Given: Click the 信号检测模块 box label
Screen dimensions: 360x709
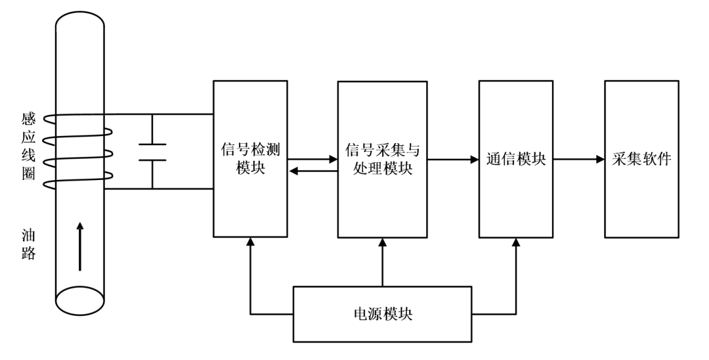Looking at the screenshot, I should [250, 158].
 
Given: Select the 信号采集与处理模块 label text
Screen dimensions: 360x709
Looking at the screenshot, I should [382, 158].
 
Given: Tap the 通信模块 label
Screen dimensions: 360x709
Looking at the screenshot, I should [516, 159].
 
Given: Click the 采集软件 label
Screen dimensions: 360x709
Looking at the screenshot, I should [641, 159].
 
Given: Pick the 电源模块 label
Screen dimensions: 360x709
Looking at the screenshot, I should [382, 313].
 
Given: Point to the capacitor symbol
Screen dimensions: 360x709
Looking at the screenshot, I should [152, 152].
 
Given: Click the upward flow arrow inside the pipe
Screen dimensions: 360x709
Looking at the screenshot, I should [80, 246].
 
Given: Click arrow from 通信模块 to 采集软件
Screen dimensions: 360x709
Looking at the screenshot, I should [578, 159].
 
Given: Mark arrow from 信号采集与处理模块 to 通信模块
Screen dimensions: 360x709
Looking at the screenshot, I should [453, 159].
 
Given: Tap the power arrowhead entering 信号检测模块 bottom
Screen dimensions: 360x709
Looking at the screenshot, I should [250, 242].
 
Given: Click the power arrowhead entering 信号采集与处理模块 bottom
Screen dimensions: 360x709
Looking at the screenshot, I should [382, 242].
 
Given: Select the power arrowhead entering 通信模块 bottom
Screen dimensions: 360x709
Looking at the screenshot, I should [516, 242].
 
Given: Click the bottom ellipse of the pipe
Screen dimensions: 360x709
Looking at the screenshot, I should [80, 301].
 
